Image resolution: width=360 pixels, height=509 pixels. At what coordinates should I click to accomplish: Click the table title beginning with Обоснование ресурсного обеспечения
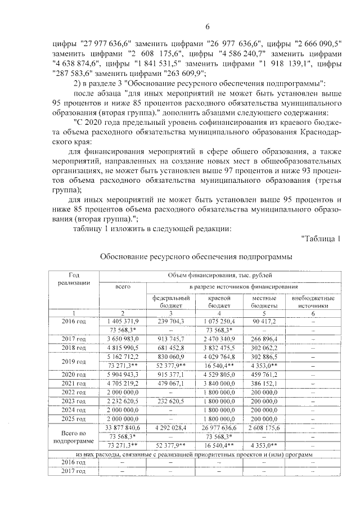[196, 256]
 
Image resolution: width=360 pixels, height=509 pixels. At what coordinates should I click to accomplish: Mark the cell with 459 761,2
[264, 375]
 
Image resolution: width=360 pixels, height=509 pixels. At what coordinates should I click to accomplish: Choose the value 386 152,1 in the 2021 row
[264, 384]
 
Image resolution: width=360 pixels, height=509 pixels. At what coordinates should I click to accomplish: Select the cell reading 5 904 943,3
[123, 375]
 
